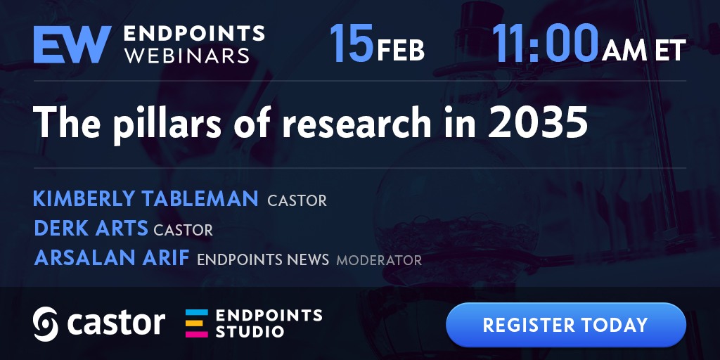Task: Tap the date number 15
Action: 352,42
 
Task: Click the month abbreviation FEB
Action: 400,51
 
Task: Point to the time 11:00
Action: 546,42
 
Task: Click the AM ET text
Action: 644,50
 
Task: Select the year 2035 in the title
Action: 538,122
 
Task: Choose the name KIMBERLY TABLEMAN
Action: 146,199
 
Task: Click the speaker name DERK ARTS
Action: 91,229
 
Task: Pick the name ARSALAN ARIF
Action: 112,258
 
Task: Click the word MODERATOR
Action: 379,260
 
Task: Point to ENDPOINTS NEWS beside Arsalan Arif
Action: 263,260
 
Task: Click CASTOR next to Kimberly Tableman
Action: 297,200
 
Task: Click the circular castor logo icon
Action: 46,323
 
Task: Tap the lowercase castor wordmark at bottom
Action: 116,323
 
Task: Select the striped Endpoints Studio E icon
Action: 197,323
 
